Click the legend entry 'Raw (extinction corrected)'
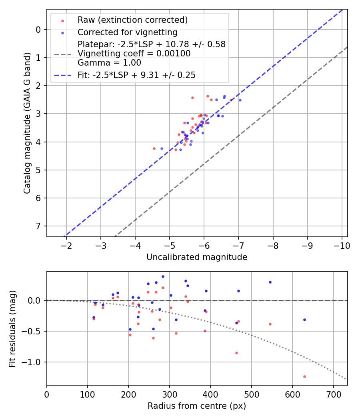tap(132, 20)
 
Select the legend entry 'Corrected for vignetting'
tap(127, 32)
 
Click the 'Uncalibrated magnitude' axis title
tap(197, 257)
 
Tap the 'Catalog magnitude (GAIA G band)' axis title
tap(27, 122)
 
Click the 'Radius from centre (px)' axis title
tap(197, 406)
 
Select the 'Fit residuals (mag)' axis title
tap(12, 328)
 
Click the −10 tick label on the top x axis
tap(342, 245)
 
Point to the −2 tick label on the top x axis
tap(66, 245)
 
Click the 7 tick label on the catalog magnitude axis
tap(38, 226)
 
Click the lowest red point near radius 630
tap(304, 376)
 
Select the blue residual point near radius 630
tap(304, 320)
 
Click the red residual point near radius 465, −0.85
tap(236, 353)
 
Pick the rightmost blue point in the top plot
tap(240, 100)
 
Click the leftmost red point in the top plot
tap(154, 148)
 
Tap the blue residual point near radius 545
tap(270, 282)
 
